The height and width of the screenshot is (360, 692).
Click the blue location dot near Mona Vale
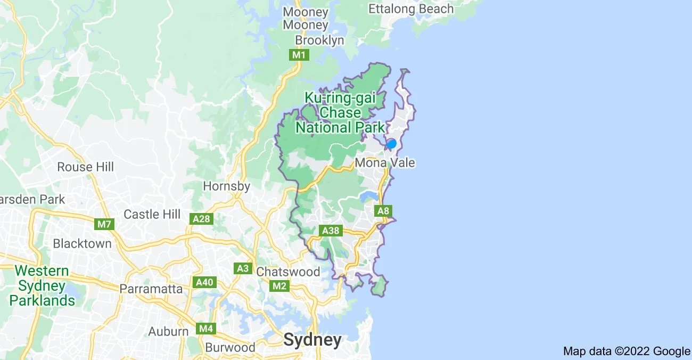tap(391, 143)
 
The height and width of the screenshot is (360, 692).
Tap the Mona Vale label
tap(385, 162)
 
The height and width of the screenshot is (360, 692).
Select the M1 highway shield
tap(298, 55)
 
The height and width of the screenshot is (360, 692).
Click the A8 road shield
tap(383, 211)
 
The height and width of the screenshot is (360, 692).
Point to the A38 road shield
tap(331, 231)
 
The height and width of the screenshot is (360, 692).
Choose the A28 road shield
tap(202, 219)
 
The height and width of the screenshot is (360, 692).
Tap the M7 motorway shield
tap(104, 224)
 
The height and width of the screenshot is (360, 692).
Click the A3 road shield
tap(243, 268)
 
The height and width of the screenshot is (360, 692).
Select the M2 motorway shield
tap(279, 287)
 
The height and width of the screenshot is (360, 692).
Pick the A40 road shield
tap(205, 282)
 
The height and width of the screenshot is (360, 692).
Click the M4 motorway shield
tap(205, 329)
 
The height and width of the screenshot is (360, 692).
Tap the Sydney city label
tap(312, 340)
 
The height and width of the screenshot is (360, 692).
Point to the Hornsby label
tap(227, 186)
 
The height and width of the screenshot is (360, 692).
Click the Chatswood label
tap(288, 272)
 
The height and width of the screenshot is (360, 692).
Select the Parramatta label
tap(151, 289)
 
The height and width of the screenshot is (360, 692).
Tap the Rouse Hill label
tap(86, 167)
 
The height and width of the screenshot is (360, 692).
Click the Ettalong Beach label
tap(411, 9)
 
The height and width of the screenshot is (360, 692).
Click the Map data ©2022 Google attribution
tap(627, 351)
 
